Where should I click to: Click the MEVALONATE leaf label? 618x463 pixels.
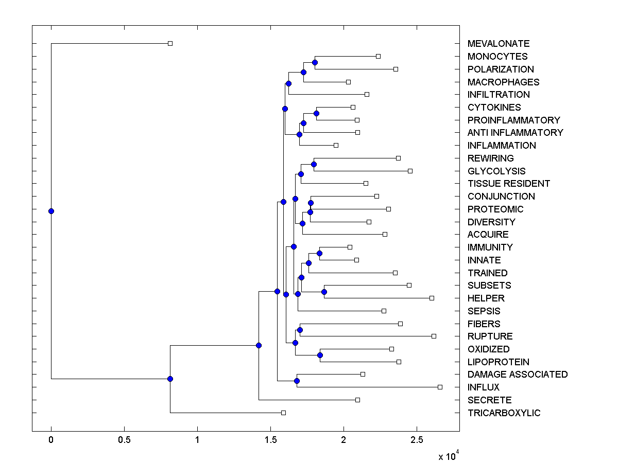coord(498,44)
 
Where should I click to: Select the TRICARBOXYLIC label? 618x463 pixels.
coord(504,413)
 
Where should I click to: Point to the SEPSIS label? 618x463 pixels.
coord(484,311)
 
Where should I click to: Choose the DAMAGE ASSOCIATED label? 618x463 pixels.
coord(517,375)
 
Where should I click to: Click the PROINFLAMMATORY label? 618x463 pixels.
coord(513,120)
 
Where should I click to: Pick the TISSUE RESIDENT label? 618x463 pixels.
coord(508,184)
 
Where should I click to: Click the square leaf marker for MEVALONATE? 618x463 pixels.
coord(170,43)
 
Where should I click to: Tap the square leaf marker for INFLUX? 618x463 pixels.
coord(440,387)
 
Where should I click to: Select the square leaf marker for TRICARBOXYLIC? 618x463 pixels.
coord(283,413)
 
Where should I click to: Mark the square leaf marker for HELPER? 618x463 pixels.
coord(432,298)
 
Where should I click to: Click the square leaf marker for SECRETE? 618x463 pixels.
coord(357,400)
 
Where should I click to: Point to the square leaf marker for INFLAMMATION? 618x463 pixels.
coord(336,145)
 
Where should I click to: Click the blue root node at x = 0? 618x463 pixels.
coord(51,211)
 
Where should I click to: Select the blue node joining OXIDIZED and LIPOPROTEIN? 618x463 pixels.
coord(320,355)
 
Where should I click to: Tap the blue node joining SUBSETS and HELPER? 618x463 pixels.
coord(324,292)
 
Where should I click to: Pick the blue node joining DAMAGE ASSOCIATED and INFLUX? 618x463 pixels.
coord(297,381)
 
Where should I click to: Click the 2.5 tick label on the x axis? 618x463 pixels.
coord(417,440)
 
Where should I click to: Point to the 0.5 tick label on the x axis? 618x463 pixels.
coord(124,440)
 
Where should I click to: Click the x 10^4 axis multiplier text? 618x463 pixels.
coord(447,456)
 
